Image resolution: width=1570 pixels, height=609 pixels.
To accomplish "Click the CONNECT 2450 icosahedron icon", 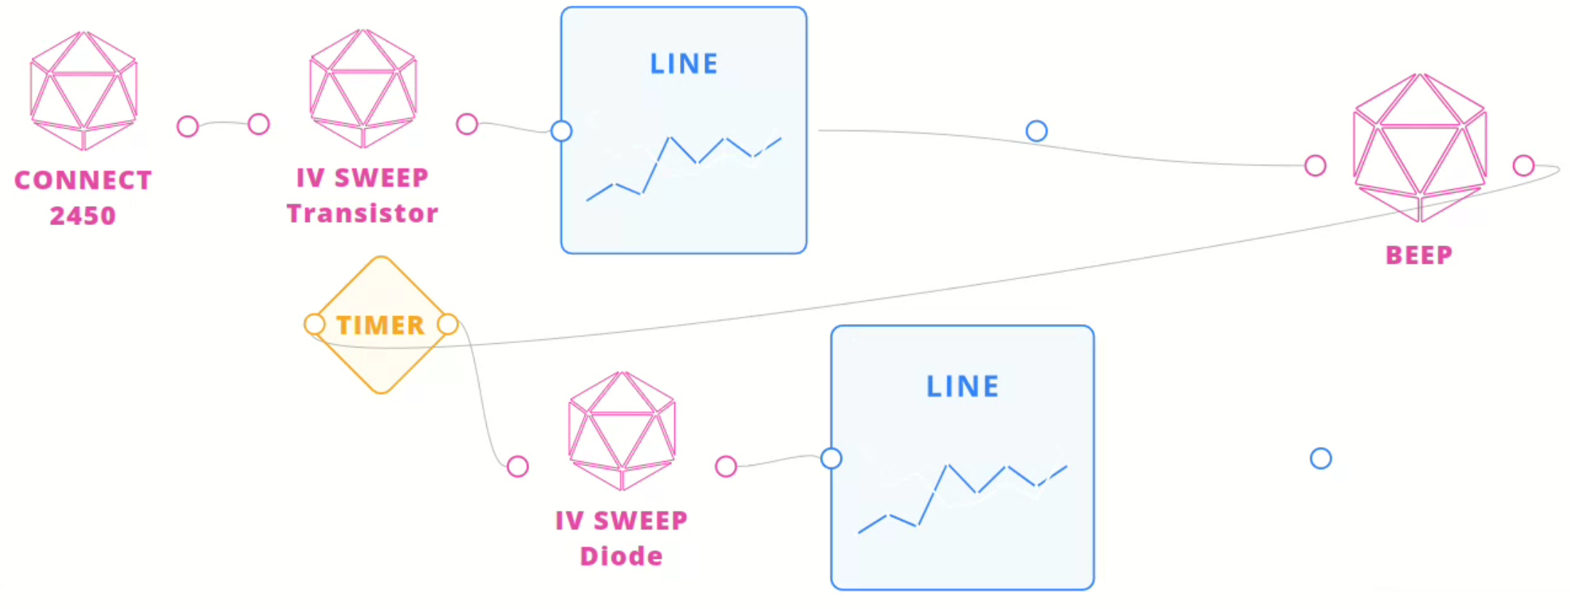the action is click(x=84, y=90).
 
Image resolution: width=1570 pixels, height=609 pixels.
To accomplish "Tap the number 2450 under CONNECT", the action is click(x=83, y=216).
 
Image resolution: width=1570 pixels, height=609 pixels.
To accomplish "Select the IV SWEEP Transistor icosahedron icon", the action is click(x=363, y=88).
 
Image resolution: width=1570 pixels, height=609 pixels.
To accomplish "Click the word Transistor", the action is click(x=362, y=213).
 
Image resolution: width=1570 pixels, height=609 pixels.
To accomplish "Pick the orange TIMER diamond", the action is click(x=380, y=325).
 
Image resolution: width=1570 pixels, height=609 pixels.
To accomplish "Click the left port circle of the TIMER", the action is click(x=314, y=324).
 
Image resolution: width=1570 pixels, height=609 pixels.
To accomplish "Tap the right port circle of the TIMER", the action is click(x=448, y=324).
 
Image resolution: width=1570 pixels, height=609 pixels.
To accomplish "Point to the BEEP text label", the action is click(x=1419, y=255).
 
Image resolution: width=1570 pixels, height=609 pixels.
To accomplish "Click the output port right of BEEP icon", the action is click(x=1523, y=165).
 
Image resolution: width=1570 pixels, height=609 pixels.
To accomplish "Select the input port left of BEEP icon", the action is click(x=1315, y=165).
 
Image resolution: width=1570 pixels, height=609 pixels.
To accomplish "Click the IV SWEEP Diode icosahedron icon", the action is click(x=622, y=431).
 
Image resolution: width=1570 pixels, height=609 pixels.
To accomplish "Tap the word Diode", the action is click(x=621, y=557).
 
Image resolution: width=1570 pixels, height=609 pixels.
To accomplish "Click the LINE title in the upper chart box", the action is click(x=684, y=64).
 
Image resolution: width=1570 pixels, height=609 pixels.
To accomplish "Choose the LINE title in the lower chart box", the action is click(x=962, y=386).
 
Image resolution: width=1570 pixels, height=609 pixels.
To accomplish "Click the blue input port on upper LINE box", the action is click(x=561, y=131).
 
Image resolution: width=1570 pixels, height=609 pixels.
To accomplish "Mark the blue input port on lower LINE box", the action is click(x=831, y=458).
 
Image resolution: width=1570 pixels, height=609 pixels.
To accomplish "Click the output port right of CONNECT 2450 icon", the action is click(x=187, y=126).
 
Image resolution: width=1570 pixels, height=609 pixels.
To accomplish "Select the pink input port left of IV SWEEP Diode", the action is click(x=518, y=466).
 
